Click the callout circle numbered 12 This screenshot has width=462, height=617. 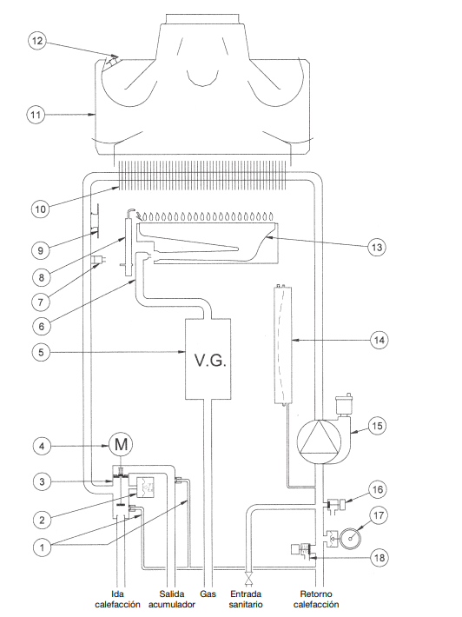click(37, 41)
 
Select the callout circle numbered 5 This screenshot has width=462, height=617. click(42, 352)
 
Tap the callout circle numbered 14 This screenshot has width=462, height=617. click(379, 340)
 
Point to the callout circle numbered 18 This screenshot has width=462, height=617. click(379, 558)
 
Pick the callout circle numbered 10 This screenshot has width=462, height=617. click(41, 209)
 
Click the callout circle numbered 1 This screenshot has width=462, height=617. click(42, 547)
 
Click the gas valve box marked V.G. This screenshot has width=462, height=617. click(208, 359)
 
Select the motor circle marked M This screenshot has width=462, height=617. click(121, 445)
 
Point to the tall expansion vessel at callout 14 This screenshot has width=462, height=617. click(283, 346)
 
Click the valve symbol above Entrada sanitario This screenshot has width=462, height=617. click(248, 580)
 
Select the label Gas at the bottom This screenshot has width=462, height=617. click(208, 594)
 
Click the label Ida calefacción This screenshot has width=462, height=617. click(117, 599)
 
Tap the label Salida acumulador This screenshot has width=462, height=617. click(172, 599)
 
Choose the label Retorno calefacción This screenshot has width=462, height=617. click(316, 599)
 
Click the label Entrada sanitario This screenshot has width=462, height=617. click(246, 599)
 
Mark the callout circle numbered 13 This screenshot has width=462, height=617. click(377, 247)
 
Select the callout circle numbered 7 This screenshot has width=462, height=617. click(41, 302)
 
